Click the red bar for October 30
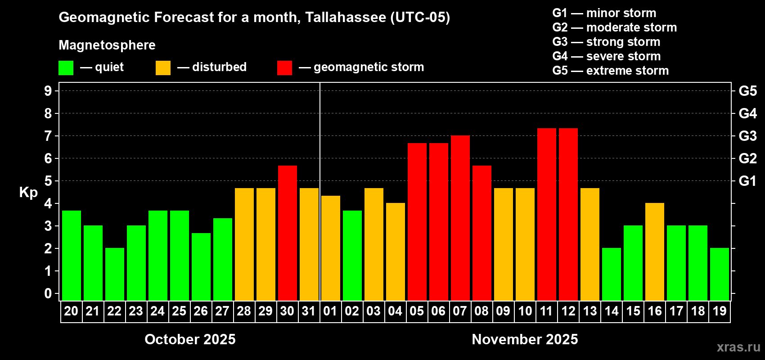[287, 233]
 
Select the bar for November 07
[460, 218]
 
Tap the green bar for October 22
[114, 274]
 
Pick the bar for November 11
[546, 215]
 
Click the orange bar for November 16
[654, 252]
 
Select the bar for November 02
[352, 256]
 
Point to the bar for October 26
[201, 267]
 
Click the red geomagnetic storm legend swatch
[284, 68]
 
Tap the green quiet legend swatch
[66, 68]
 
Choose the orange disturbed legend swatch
[163, 68]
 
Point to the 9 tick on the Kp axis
[48, 91]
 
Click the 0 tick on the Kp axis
[48, 294]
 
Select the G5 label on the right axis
[747, 91]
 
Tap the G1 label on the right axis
[747, 181]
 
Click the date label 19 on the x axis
[720, 311]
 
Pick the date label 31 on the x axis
[309, 311]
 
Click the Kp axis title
[28, 192]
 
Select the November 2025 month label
[525, 339]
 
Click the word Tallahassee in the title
[345, 17]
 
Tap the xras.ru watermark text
[738, 347]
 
